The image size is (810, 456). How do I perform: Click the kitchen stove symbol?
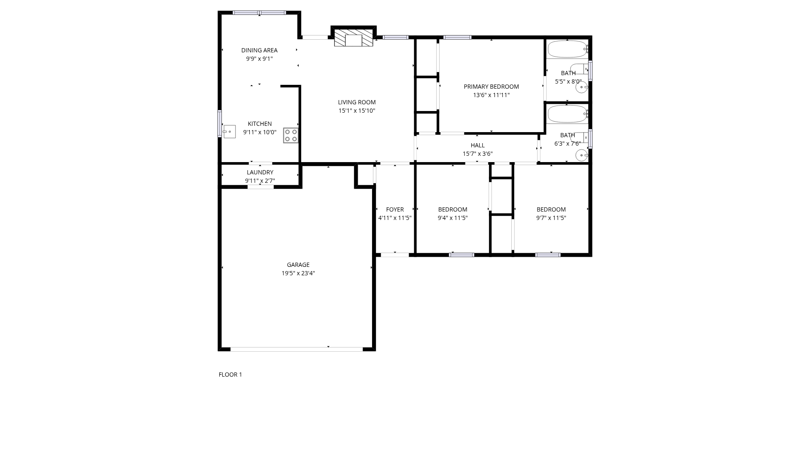(x=291, y=136)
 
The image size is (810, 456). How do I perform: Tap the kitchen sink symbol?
(x=229, y=132)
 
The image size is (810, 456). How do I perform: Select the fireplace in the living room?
(x=354, y=38)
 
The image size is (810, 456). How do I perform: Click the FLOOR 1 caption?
(x=230, y=375)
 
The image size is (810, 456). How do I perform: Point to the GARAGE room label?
(x=298, y=265)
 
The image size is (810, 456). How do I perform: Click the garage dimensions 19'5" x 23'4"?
(x=298, y=273)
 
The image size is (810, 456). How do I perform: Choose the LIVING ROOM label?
(x=356, y=102)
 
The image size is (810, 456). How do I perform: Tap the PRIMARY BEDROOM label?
(x=491, y=87)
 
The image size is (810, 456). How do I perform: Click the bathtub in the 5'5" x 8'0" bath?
(x=567, y=49)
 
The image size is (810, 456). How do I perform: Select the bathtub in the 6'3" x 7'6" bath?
(x=567, y=114)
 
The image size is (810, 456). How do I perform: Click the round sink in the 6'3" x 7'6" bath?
(x=581, y=155)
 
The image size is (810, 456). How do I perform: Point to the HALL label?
(x=478, y=145)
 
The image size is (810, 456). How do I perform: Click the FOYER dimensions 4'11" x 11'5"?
(x=395, y=218)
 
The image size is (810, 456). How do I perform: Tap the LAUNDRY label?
(x=260, y=172)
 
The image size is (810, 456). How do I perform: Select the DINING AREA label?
(x=259, y=50)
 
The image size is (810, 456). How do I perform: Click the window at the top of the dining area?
(x=259, y=13)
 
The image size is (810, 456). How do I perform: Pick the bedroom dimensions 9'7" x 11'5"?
(x=551, y=218)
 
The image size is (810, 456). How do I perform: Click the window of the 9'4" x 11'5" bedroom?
(x=462, y=255)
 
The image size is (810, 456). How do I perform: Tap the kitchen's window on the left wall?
(x=219, y=123)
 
